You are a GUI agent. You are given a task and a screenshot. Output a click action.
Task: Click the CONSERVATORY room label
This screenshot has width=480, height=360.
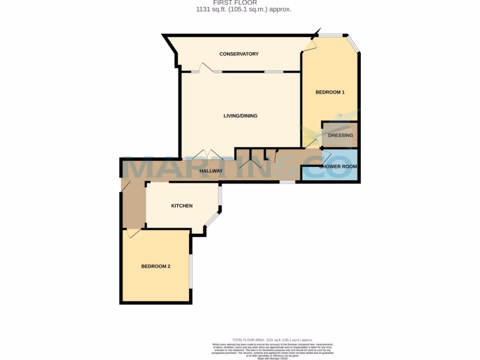[239, 54]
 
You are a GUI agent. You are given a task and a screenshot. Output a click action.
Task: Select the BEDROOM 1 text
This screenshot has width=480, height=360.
[330, 92]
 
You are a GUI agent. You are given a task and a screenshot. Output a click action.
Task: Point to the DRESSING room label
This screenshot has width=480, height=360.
[340, 135]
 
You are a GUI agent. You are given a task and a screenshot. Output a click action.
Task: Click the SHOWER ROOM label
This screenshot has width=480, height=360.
[338, 166]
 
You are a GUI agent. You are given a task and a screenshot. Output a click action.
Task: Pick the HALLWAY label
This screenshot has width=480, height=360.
[211, 171]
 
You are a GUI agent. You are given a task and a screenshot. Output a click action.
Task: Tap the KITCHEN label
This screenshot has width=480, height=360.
[182, 206]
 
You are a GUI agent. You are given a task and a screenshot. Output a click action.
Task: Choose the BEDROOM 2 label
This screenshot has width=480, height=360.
[156, 266]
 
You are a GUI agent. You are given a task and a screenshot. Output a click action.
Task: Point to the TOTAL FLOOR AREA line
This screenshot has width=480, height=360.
[272, 340]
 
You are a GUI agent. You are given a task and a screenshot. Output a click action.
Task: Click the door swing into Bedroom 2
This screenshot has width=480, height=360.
[132, 233]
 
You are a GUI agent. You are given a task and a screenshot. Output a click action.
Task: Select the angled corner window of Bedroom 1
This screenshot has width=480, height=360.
[354, 44]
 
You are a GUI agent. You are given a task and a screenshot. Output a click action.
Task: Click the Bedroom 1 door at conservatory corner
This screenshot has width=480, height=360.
[309, 44]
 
